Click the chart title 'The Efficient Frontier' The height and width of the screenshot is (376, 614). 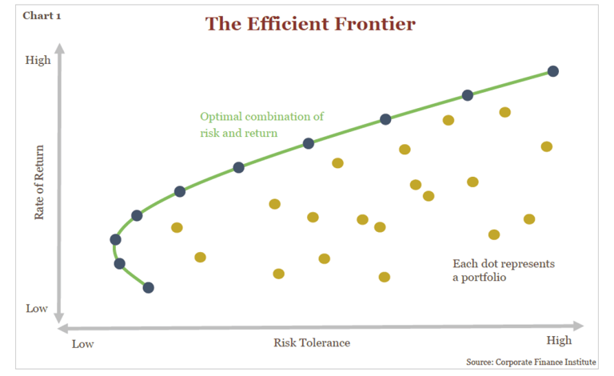(310, 24)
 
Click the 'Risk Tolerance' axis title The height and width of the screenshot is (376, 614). (312, 342)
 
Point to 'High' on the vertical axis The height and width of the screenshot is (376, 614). (38, 60)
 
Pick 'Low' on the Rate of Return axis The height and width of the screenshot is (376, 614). (37, 309)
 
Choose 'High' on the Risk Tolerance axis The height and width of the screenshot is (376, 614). (560, 341)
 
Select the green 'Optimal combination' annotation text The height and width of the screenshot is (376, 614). (261, 124)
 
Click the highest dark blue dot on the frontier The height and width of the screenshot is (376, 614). (552, 71)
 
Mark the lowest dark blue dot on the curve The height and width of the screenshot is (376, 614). (148, 287)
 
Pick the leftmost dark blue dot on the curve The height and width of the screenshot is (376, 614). (115, 239)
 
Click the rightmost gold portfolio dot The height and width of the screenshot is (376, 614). (547, 146)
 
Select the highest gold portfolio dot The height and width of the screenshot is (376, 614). (504, 112)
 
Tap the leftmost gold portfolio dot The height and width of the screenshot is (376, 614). (177, 227)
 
